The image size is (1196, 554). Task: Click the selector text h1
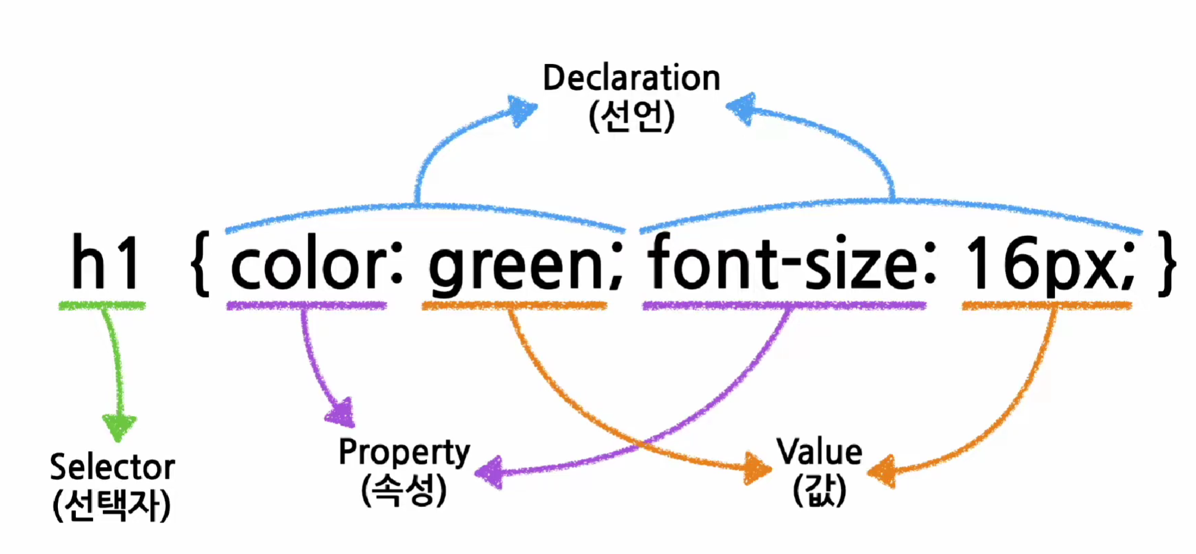[105, 262]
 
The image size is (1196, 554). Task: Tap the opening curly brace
[200, 264]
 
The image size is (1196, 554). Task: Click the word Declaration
[631, 78]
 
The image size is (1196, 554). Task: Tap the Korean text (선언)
[631, 116]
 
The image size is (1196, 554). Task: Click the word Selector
[112, 467]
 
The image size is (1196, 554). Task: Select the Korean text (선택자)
[112, 506]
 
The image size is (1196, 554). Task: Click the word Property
[404, 453]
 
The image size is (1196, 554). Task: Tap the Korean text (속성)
[404, 491]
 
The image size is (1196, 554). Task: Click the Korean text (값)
[819, 491]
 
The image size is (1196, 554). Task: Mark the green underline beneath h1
[102, 306]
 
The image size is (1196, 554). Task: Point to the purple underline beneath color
[306, 306]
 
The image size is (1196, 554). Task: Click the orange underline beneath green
[515, 306]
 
